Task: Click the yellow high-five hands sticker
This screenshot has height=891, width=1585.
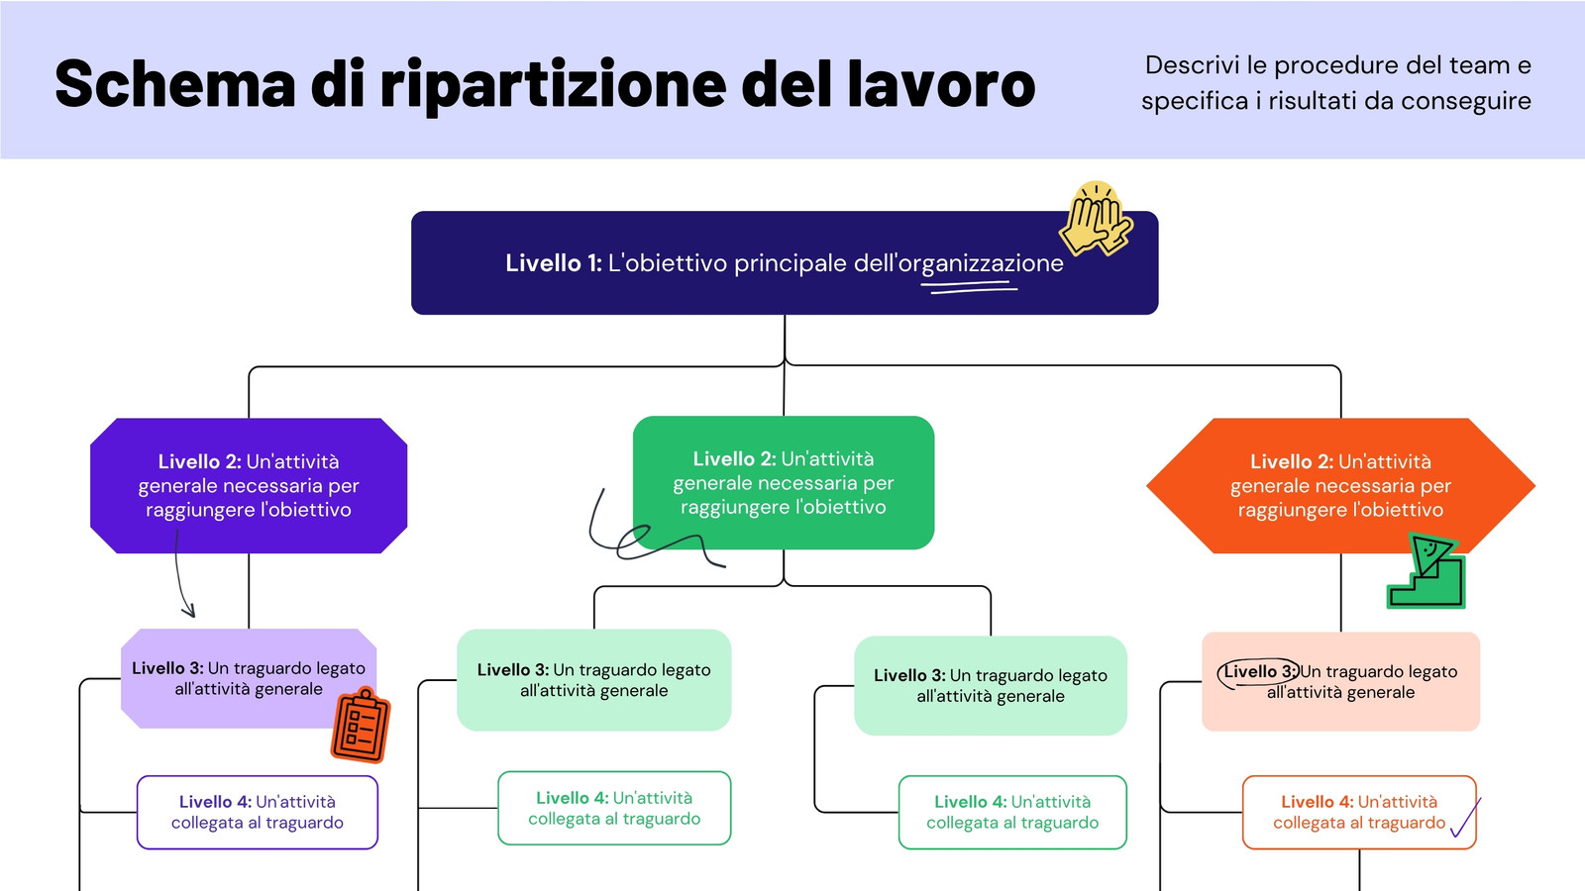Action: [x=1096, y=219]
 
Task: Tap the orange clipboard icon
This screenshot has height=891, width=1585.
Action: [x=361, y=726]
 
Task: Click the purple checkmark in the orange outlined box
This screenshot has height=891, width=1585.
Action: [x=1465, y=818]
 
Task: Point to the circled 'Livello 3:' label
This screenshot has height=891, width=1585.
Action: [x=1258, y=673]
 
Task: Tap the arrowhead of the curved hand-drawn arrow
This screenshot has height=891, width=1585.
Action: [x=188, y=610]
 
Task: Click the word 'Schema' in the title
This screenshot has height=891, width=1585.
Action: [x=174, y=84]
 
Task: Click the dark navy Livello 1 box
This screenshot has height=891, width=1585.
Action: [x=784, y=262]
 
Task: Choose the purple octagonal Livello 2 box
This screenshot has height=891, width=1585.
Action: [x=249, y=485]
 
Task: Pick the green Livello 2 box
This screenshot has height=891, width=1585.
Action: [x=784, y=482]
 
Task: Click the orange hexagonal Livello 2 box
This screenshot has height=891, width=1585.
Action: [x=1340, y=485]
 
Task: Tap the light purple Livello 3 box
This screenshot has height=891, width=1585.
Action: [x=249, y=678]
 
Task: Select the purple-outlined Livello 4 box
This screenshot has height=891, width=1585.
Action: [x=257, y=812]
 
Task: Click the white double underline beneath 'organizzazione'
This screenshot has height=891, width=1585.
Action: [x=970, y=286]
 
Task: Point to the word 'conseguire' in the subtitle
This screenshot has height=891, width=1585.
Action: [x=1465, y=101]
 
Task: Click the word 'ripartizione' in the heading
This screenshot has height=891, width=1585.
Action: [x=553, y=86]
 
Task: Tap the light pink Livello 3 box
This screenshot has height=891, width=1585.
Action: [x=1340, y=681]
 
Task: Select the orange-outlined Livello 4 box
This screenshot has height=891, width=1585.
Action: [x=1358, y=812]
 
